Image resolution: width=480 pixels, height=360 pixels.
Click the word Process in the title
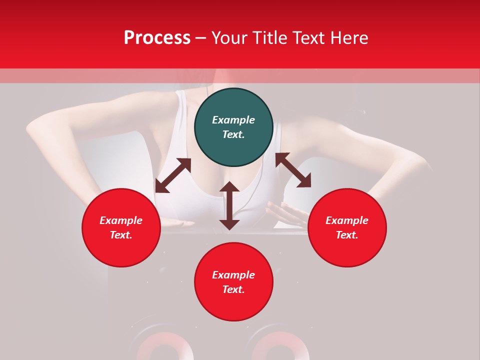[x=157, y=38]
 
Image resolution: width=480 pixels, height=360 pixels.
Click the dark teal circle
[x=233, y=127]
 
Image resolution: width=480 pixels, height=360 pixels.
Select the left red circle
[x=121, y=227]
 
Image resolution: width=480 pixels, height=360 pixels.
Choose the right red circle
[x=347, y=227]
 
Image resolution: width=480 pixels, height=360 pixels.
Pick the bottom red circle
[x=233, y=281]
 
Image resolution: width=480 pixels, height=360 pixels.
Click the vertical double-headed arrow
[x=229, y=205]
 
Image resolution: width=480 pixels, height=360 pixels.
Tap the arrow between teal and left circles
[x=173, y=175]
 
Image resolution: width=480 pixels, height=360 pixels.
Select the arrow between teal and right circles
[x=293, y=170]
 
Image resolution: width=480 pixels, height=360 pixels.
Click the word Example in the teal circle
[x=233, y=120]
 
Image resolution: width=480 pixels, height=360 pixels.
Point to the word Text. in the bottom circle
[x=233, y=289]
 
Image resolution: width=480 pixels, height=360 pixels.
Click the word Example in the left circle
[x=121, y=220]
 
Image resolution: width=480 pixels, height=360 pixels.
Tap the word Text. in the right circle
[x=347, y=235]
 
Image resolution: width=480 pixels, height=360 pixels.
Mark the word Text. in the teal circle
[x=233, y=134]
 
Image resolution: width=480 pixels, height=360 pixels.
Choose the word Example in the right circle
[x=347, y=220]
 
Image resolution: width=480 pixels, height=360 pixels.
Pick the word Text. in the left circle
[x=121, y=235]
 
